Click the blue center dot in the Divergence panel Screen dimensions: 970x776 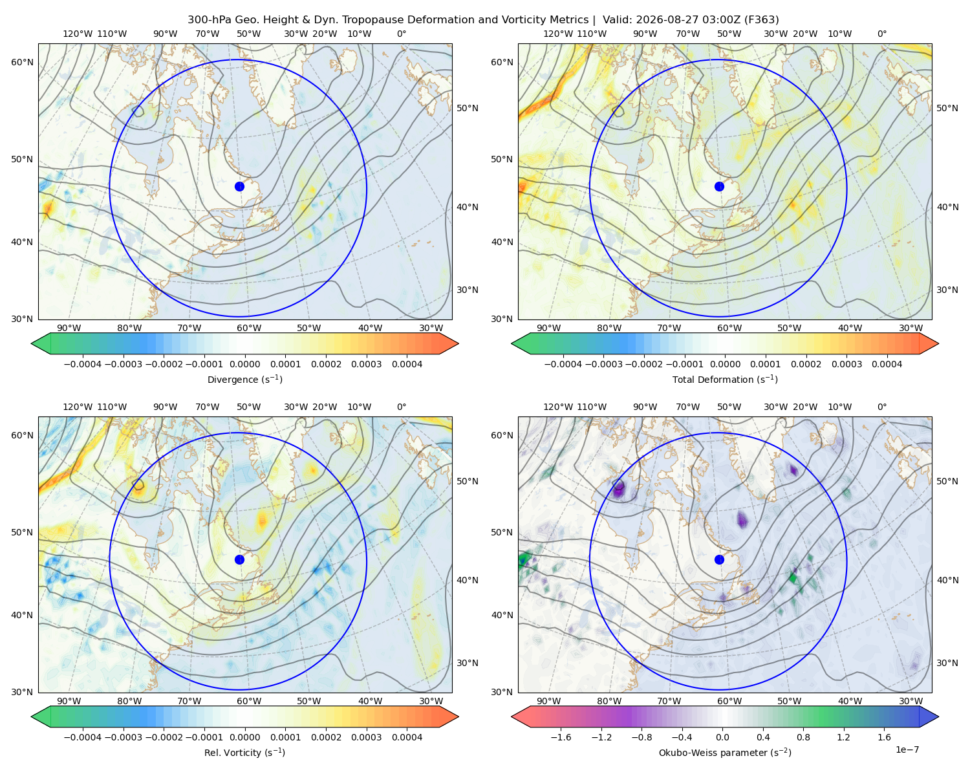click(239, 186)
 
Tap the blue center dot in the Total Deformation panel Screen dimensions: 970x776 click(719, 186)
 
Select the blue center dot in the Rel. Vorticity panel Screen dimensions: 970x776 click(239, 559)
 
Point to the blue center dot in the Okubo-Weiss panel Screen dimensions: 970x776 click(719, 559)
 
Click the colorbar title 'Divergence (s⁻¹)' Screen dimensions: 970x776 click(244, 379)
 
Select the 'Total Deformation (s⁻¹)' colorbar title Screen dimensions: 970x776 click(725, 379)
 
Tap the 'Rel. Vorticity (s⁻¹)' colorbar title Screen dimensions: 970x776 click(244, 752)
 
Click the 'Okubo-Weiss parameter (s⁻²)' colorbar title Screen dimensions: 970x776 click(725, 752)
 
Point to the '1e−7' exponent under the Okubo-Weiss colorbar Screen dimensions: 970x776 click(907, 749)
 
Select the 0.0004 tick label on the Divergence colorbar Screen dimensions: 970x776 click(407, 364)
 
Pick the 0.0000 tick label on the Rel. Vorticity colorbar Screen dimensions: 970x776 click(244, 737)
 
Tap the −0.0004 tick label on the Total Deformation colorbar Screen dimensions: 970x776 click(563, 364)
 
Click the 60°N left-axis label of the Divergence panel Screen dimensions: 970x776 click(22, 62)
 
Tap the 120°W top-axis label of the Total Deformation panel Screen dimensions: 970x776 click(558, 34)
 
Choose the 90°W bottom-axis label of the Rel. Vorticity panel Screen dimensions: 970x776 click(69, 701)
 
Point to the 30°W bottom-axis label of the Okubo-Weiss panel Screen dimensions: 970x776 click(911, 701)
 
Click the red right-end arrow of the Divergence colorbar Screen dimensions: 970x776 click(449, 343)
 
